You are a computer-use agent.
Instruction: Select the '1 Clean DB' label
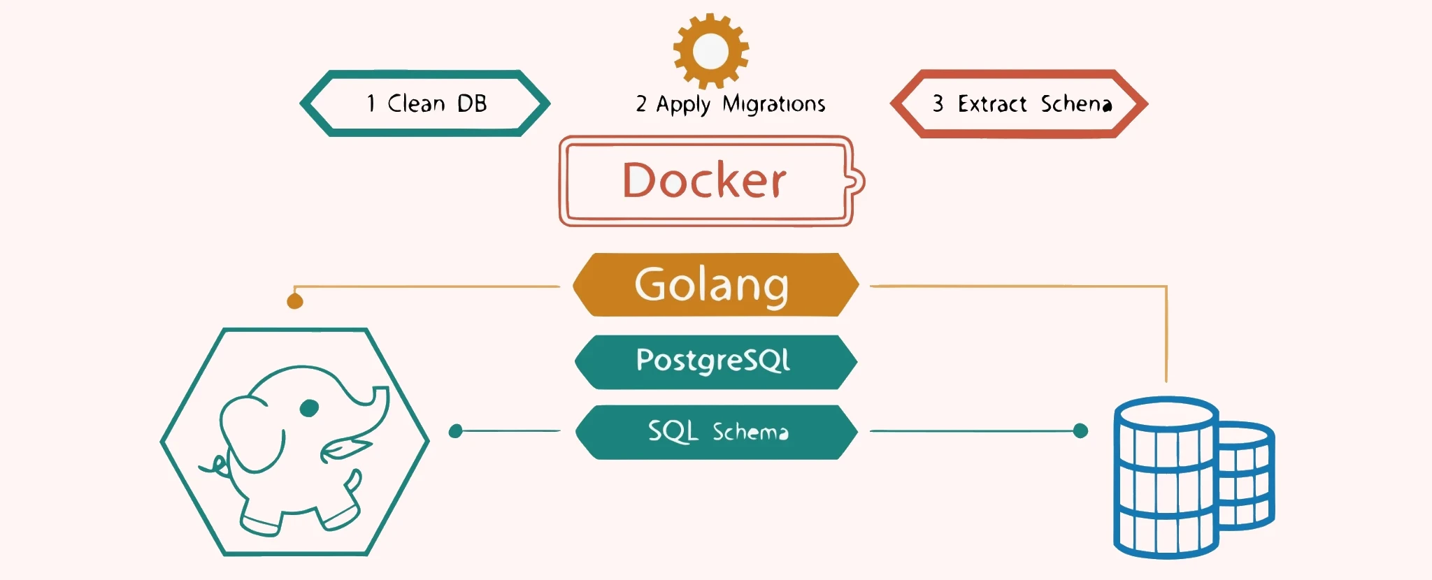(426, 103)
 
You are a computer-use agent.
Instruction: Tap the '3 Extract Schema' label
(1021, 104)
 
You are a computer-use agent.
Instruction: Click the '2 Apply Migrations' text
(730, 104)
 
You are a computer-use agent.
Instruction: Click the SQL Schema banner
(716, 432)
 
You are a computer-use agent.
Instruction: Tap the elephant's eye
(309, 407)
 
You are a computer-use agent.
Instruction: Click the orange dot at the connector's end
(295, 301)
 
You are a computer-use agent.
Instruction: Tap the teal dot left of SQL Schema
(456, 431)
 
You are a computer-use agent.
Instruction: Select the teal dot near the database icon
(1080, 431)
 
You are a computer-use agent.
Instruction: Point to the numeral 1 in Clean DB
(371, 103)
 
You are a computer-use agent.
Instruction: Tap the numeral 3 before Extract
(938, 103)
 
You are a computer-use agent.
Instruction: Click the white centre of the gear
(710, 51)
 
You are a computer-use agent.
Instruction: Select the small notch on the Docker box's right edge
(857, 182)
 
